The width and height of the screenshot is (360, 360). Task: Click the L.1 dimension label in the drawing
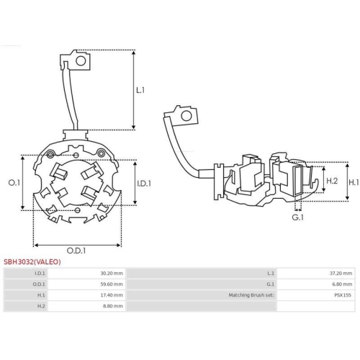pos(140,90)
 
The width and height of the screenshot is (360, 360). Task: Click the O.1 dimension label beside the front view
pos(12,183)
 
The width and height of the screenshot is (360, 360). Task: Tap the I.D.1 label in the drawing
pos(144,184)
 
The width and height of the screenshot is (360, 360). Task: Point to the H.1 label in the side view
pos(353,183)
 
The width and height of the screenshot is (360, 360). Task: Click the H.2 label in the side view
pos(332,181)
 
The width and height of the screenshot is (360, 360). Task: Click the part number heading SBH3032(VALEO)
pos(32,262)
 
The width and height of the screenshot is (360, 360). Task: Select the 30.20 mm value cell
pos(111,274)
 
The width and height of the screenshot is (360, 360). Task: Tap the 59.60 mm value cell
pos(111,284)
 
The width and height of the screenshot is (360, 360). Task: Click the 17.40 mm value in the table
pos(111,295)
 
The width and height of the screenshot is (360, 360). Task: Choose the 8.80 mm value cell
pos(112,306)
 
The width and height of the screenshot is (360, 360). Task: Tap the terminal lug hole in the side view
pos(187,114)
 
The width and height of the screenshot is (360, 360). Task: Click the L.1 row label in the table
pos(271,274)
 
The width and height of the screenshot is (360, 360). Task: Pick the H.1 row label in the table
pos(40,295)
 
